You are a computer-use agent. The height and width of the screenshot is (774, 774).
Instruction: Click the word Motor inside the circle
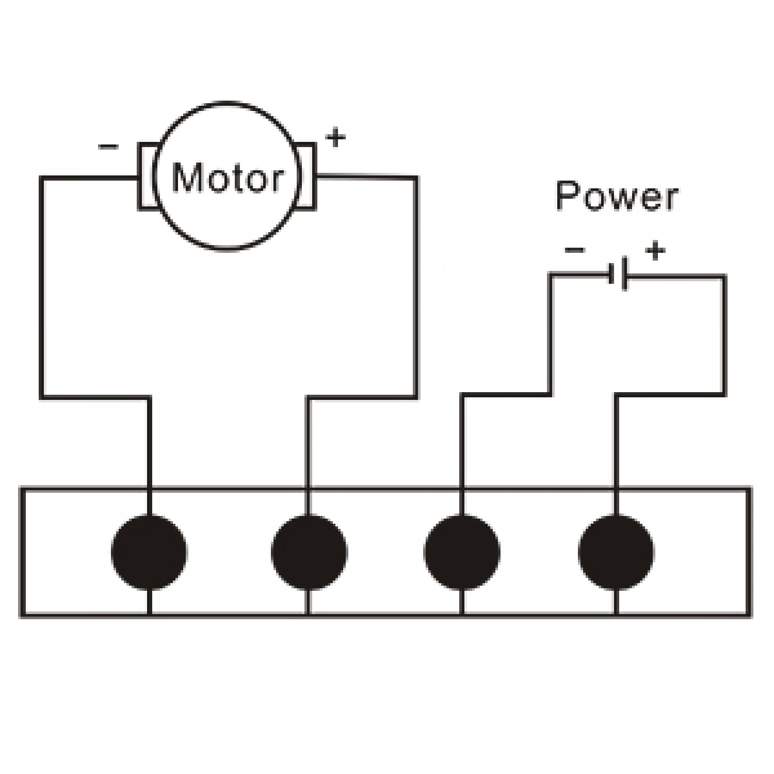tap(228, 178)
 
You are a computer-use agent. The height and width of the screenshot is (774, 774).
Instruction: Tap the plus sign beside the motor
tap(335, 138)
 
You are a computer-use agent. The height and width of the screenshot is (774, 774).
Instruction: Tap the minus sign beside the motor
tap(108, 147)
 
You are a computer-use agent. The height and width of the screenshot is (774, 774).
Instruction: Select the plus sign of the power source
tap(655, 251)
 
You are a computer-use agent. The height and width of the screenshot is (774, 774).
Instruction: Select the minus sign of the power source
tap(575, 251)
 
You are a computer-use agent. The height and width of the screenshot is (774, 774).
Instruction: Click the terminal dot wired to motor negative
tap(149, 552)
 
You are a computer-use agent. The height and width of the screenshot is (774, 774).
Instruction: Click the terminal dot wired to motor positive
tap(309, 552)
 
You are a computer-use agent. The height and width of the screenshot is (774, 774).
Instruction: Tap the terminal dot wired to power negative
tap(462, 552)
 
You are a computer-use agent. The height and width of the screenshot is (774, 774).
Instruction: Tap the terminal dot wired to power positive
tap(616, 552)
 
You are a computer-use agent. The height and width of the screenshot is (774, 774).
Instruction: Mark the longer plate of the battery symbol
tap(625, 273)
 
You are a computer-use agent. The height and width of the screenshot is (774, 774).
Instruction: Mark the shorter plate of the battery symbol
tap(611, 274)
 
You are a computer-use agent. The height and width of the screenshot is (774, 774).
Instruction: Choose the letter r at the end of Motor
tap(276, 181)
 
